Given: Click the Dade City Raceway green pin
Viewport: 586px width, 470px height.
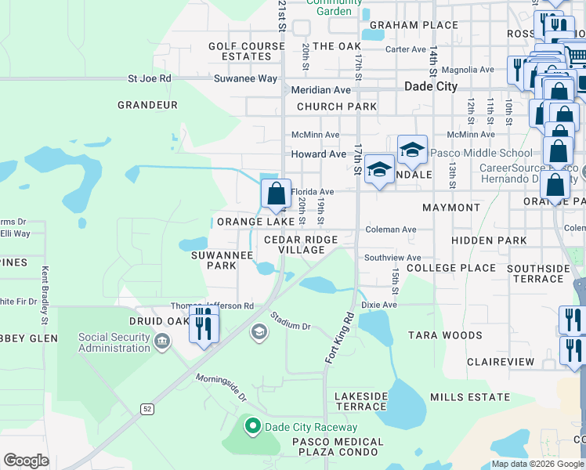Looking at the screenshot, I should (x=252, y=427).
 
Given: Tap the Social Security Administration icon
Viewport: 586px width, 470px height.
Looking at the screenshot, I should (x=161, y=342).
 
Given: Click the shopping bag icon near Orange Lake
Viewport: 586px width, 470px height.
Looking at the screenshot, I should (x=276, y=194).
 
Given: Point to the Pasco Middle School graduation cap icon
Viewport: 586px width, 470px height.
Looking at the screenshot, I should (x=412, y=150).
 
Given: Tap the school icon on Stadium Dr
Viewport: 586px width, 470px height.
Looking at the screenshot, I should (x=258, y=333).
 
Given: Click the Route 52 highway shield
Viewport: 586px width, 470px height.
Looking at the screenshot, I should (x=147, y=409).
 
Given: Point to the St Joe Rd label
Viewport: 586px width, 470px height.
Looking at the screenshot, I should (x=150, y=78).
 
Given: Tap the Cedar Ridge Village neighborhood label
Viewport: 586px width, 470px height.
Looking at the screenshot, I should (x=301, y=244).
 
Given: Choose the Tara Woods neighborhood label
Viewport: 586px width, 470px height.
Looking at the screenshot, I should (x=445, y=335).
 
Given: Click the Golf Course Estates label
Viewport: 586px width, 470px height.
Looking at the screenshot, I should (x=246, y=52).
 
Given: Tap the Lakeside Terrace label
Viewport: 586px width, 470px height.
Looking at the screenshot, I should (x=361, y=401).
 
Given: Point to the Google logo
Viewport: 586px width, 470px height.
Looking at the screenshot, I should (x=26, y=460).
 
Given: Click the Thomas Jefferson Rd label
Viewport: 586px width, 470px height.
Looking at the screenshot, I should (x=212, y=306).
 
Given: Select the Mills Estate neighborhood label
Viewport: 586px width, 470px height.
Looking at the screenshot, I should (x=470, y=397).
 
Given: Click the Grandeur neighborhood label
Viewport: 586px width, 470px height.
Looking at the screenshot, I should (x=147, y=105).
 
